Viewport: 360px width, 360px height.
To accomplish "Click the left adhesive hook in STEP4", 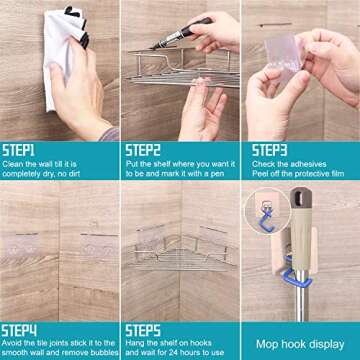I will [x=29, y=244].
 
